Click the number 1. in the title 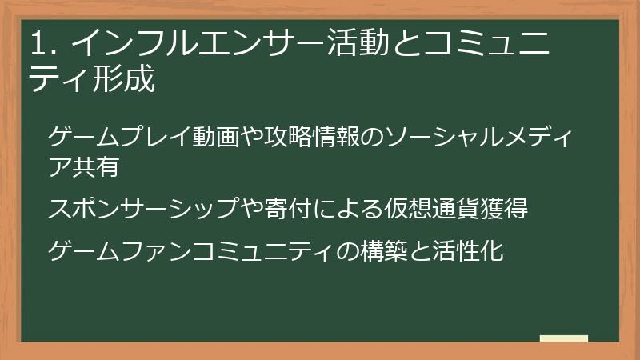(x=42, y=43)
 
